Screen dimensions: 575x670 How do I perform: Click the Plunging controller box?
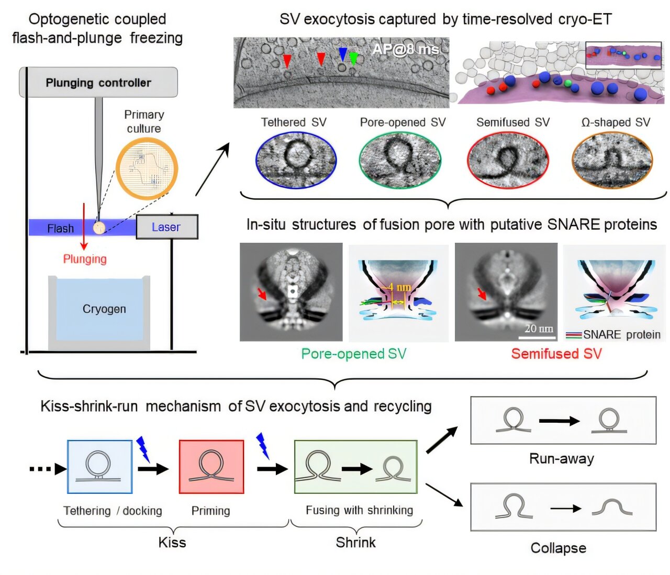(x=98, y=83)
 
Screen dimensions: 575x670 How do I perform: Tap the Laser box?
(x=167, y=227)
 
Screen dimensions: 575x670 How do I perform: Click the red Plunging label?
(x=85, y=259)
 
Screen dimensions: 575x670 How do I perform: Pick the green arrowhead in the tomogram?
(x=354, y=58)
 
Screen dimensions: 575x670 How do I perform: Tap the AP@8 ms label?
(x=405, y=50)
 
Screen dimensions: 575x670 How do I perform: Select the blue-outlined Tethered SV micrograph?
(x=296, y=160)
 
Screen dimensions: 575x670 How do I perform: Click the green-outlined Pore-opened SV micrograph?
(x=400, y=160)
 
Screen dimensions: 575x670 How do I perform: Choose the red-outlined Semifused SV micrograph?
(x=508, y=160)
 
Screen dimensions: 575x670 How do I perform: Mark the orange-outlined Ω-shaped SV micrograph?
(x=612, y=160)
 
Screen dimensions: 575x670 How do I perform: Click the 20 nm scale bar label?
(x=539, y=329)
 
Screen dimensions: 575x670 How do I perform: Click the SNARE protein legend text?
(x=621, y=335)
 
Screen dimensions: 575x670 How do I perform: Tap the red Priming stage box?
(x=211, y=467)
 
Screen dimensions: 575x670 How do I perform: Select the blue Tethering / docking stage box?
(x=99, y=467)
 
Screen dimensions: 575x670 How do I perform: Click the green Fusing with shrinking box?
(x=356, y=467)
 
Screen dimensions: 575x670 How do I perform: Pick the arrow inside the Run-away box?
(x=559, y=421)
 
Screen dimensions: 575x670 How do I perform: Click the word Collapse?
(x=558, y=548)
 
